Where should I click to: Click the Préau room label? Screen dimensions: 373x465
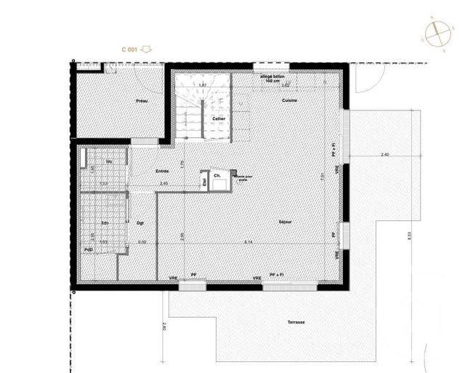coord(142,101)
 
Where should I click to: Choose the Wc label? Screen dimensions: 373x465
coord(108,161)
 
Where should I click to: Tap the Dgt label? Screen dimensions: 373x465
coord(139,222)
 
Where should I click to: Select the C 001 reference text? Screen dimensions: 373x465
coord(129,49)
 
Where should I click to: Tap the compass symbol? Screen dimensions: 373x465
coord(436,33)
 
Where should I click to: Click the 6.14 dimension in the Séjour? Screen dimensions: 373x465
coord(248,241)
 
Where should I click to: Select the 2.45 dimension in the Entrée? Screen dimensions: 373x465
coord(163,183)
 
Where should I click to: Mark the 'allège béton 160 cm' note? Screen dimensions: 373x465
coord(275,78)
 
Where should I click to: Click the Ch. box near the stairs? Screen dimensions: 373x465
coord(217,176)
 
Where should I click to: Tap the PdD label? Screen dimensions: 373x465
coord(88,250)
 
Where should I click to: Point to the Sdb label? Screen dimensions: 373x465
coord(105,222)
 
